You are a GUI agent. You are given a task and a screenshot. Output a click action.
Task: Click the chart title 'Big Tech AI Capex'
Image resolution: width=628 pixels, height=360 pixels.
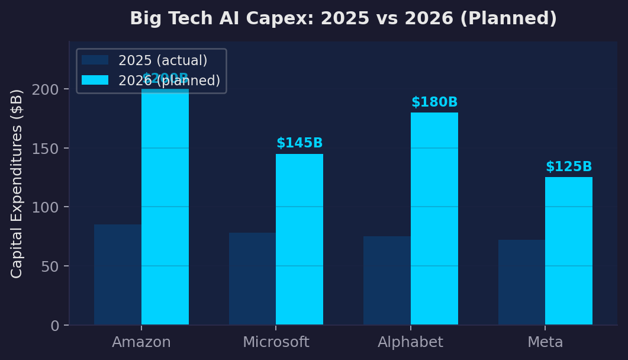coord(343,19)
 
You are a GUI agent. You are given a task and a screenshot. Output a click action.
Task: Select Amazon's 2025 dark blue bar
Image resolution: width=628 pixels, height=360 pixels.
coord(118,275)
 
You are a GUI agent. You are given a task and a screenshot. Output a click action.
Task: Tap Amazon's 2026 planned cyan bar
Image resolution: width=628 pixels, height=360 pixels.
coord(165,207)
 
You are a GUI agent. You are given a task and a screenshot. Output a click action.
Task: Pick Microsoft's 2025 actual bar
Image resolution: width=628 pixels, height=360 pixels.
coord(252,278)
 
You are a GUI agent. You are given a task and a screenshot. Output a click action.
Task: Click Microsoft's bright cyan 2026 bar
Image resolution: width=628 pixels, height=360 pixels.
coord(299,239)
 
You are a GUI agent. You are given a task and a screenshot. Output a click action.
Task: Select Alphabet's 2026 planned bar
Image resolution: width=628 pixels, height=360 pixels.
coord(434,218)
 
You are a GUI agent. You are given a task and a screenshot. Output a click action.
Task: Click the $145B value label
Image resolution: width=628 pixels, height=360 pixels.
coord(299,143)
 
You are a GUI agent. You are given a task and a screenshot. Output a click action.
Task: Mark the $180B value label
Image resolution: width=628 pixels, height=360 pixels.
coord(434,102)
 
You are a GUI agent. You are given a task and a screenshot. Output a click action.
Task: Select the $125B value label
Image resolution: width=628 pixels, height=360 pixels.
coord(569,167)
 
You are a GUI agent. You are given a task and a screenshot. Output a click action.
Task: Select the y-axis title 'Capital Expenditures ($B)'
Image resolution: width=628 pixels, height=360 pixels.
coord(17,184)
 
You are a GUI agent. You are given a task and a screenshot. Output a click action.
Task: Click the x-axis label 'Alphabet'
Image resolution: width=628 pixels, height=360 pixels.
coord(410,342)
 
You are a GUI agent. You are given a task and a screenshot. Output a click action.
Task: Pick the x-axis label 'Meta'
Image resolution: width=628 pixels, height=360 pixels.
coord(545,342)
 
